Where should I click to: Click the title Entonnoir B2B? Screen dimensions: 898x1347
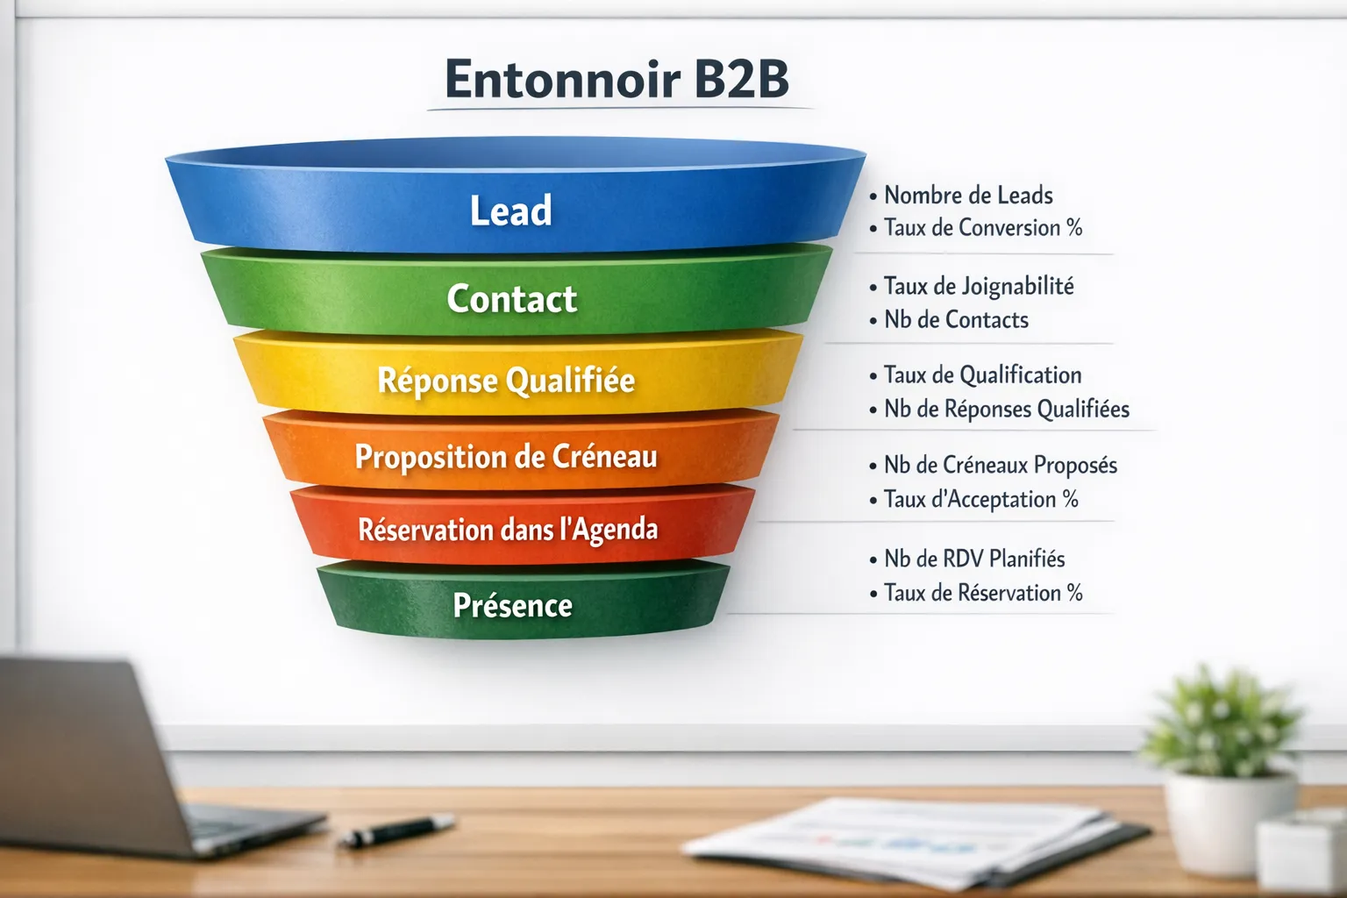[x=616, y=79]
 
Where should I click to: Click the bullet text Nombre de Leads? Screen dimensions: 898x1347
[x=968, y=195]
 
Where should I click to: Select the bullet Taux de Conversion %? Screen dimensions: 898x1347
[x=983, y=228]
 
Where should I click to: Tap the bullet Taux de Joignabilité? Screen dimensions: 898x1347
[x=979, y=286]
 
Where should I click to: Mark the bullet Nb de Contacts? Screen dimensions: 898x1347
[x=956, y=320]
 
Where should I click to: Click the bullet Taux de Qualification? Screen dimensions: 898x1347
[x=982, y=375]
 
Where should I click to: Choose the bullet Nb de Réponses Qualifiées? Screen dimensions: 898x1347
[x=1006, y=410]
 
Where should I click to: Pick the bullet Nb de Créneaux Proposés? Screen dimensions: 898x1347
[x=1001, y=465]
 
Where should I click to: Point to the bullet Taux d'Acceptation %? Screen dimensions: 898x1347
[x=980, y=500]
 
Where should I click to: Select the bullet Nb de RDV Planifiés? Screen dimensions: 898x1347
[x=974, y=559]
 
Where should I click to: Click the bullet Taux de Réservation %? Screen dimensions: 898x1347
[x=983, y=593]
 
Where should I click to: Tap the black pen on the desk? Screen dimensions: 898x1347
[x=399, y=830]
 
